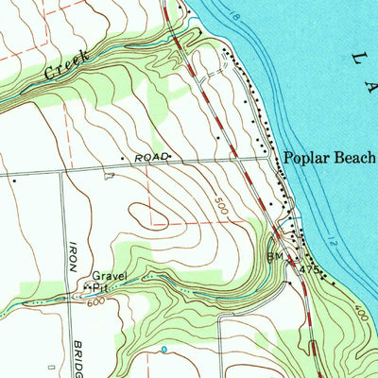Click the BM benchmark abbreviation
pos(275,256)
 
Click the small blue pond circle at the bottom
pos(164,349)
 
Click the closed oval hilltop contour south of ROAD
pos(149,215)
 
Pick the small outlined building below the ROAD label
pos(108,175)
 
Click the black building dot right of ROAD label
pos(171,157)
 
